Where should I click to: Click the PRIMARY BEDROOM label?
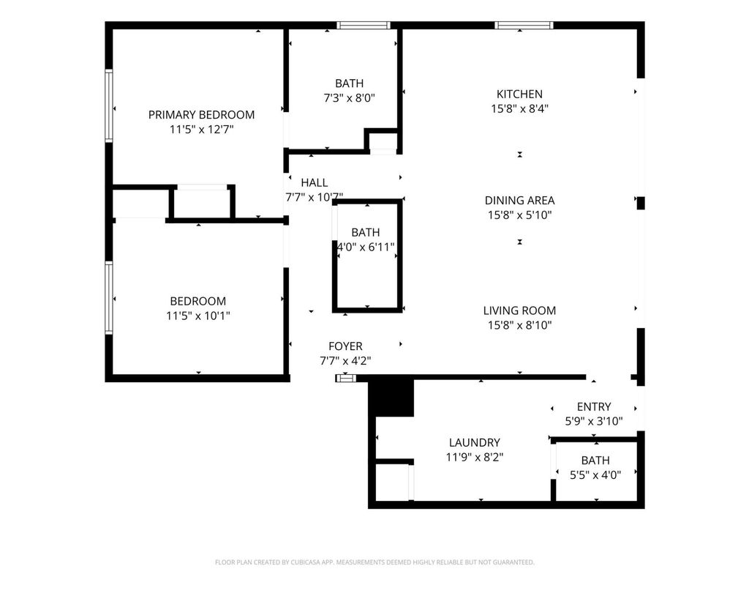coord(201,115)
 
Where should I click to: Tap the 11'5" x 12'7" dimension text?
coord(201,129)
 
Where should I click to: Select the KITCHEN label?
coord(519,94)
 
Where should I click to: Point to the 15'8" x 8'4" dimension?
coord(519,108)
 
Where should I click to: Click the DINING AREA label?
coord(519,201)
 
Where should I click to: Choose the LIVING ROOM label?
coord(519,310)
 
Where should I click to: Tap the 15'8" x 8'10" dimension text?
coord(519,325)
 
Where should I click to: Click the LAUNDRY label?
coord(474,443)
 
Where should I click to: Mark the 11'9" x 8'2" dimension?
coord(474,457)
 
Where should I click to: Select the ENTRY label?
coord(594,407)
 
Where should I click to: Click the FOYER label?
coord(345,346)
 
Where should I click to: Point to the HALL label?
coord(315,182)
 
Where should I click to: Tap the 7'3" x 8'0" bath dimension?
coord(349,98)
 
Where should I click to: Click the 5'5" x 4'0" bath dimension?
coord(595,475)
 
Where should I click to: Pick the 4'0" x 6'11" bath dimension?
coord(366,247)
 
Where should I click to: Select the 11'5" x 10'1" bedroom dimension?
coord(197,316)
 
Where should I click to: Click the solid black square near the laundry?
coord(391,396)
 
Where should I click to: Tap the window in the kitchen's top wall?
coord(524,26)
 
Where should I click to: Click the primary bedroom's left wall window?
coord(109,105)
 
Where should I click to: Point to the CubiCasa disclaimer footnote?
coord(374,562)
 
